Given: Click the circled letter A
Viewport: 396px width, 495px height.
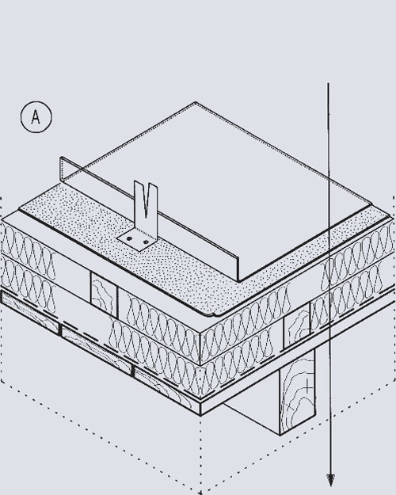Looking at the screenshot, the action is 36,117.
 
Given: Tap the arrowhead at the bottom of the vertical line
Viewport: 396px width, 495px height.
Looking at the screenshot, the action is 330,479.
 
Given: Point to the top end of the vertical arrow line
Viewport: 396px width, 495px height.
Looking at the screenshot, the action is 328,84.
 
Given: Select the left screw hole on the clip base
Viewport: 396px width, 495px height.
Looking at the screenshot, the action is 129,239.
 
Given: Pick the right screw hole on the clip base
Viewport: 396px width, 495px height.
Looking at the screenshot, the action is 146,242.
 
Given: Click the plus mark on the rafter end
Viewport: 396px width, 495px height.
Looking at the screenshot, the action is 307,386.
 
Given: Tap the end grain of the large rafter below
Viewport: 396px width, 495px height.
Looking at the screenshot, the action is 297,392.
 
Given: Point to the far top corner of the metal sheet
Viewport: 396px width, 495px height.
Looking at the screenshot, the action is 196,102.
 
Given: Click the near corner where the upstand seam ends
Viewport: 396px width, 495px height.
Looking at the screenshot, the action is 238,280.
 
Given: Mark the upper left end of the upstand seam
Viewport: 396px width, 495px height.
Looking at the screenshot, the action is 61,158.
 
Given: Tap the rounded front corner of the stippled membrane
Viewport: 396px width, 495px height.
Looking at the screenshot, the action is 215,314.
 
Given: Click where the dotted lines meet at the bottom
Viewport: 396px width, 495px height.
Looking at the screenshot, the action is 200,492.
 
